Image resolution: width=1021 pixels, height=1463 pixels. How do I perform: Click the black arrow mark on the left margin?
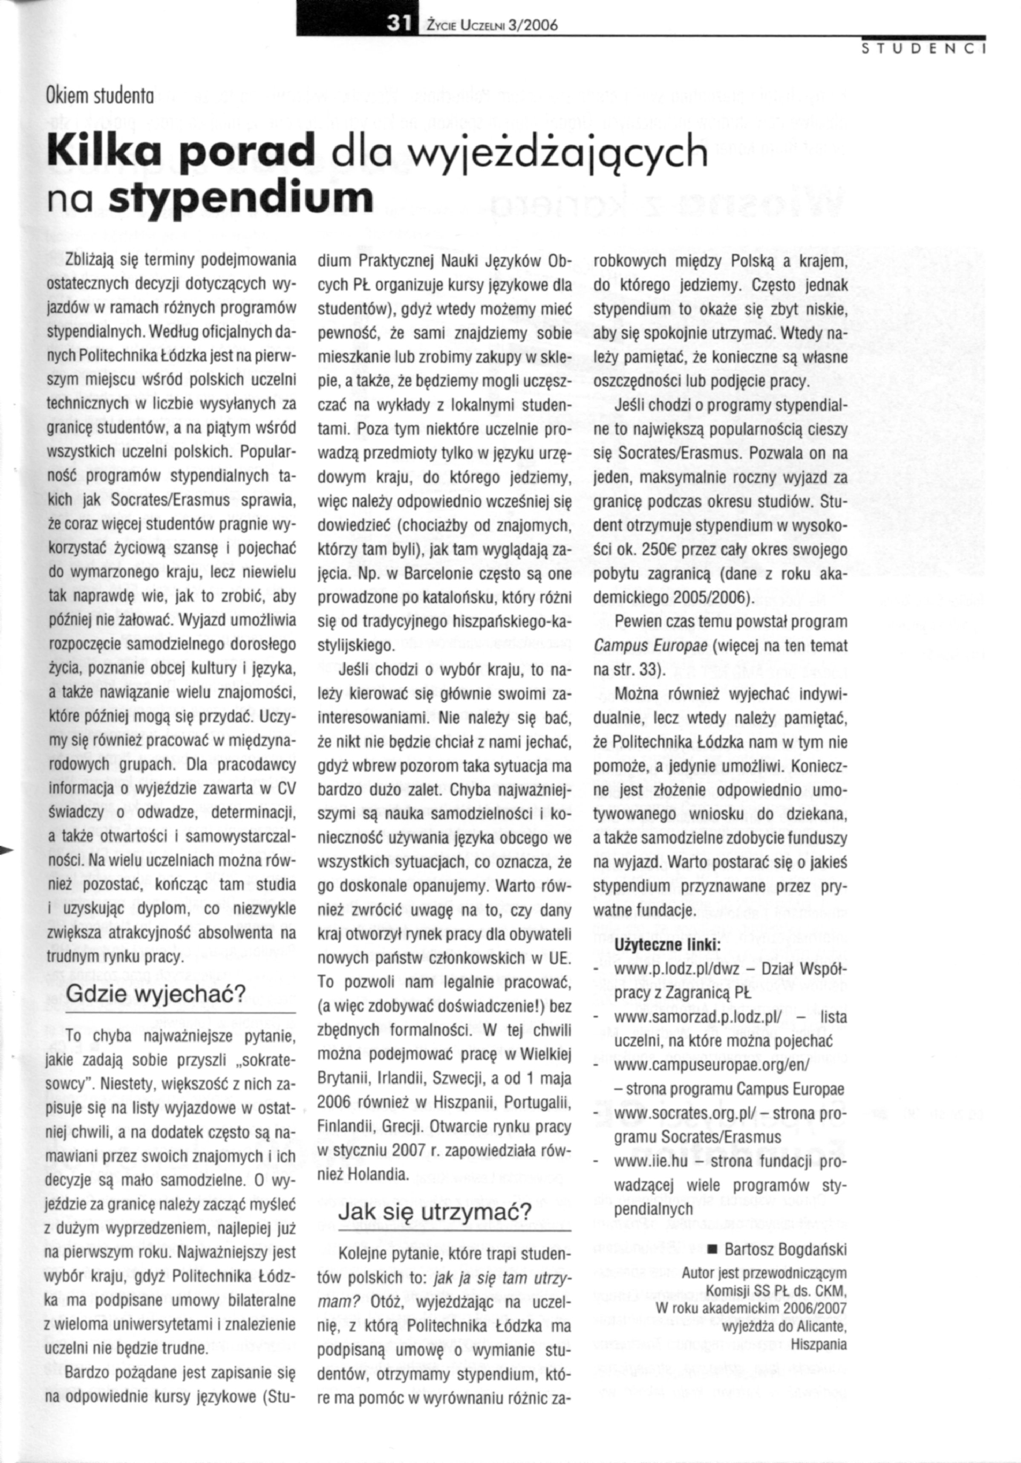6,849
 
